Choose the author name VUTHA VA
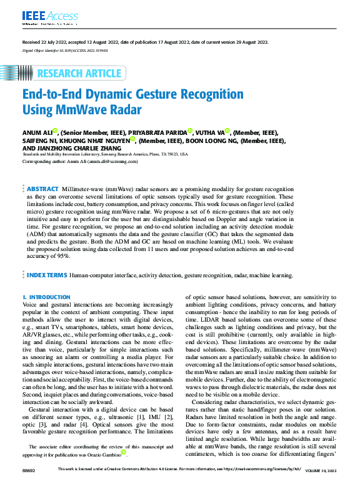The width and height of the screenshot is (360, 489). pyautogui.click(x=209, y=132)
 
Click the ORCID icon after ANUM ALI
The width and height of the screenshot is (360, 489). pyautogui.click(x=56, y=131)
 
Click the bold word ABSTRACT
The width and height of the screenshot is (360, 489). pyautogui.click(x=43, y=187)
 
